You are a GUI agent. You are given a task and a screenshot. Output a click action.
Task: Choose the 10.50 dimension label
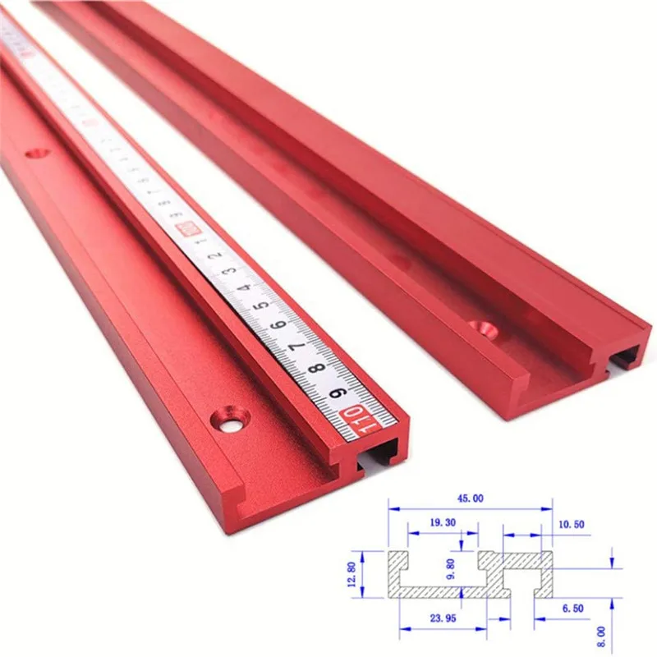(x=572, y=524)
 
